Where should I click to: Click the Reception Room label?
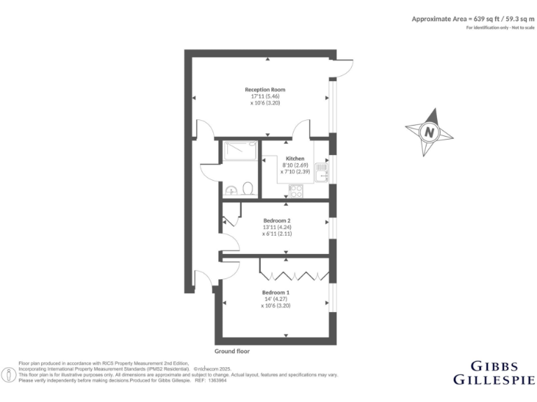coord(264,89)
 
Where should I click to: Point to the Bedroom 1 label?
coord(275,292)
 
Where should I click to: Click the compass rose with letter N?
coord(428,130)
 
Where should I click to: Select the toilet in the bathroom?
coord(248,188)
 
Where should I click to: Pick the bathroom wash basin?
coord(231,189)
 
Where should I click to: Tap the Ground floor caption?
coord(232,351)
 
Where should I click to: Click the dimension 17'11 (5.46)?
coord(264,96)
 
